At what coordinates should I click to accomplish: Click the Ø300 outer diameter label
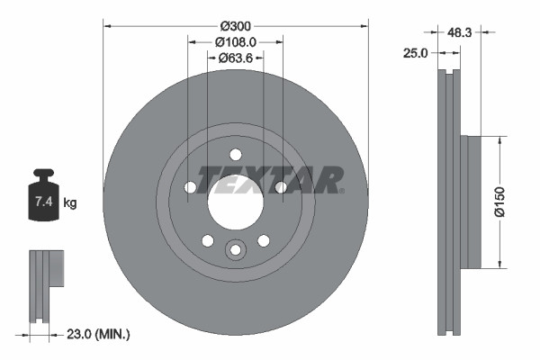tap(235, 25)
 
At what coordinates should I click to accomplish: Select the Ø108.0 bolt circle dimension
tap(236, 41)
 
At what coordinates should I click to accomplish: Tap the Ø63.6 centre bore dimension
tap(236, 58)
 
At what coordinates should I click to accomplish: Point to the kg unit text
tap(69, 203)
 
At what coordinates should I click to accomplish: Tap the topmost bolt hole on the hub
tap(235, 154)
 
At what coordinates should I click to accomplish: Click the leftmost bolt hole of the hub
tap(190, 187)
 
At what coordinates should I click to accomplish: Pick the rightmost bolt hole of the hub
tap(281, 187)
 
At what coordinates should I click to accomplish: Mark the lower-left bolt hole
tap(207, 240)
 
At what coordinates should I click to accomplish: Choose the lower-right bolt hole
tap(263, 240)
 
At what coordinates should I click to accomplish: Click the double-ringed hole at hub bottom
tap(235, 249)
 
